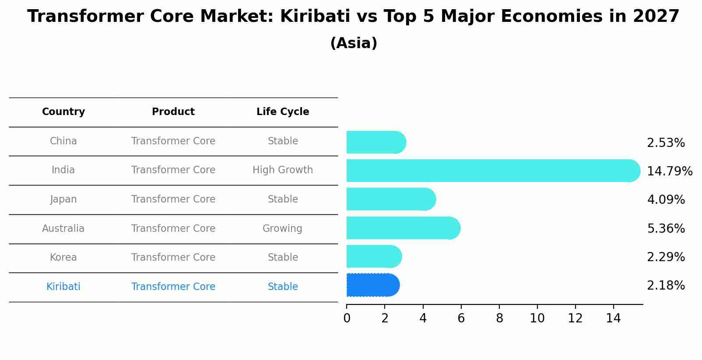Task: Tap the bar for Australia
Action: point(403,228)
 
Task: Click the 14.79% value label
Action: point(669,171)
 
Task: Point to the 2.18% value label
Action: point(666,286)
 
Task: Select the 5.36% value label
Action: point(666,228)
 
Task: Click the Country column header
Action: point(63,112)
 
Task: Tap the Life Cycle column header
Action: point(283,112)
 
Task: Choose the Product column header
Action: point(173,112)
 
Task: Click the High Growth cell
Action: point(283,170)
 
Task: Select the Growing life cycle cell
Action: point(282,228)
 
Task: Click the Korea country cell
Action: point(63,257)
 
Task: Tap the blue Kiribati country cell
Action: point(63,287)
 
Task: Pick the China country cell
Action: point(63,141)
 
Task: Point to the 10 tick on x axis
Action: point(537,318)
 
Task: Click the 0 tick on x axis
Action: point(347,318)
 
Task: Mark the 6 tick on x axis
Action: point(461,318)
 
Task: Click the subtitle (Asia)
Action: point(354,43)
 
